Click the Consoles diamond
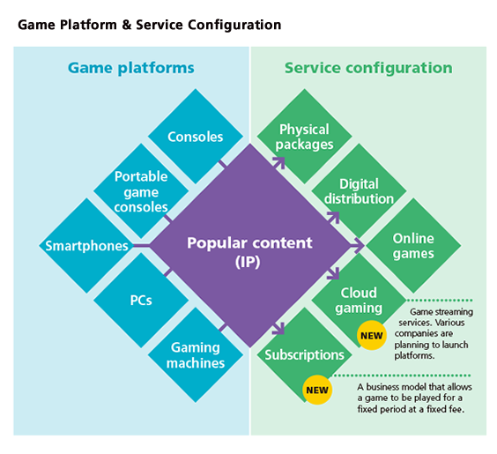(x=196, y=137)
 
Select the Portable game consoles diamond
(x=141, y=191)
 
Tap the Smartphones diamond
(x=86, y=246)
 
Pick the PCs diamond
(x=141, y=300)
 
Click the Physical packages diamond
(x=305, y=137)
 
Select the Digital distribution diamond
(x=359, y=191)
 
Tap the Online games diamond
(x=413, y=246)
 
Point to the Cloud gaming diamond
(x=359, y=300)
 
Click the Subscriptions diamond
(x=305, y=354)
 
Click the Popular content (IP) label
(x=249, y=251)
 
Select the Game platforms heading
(x=131, y=68)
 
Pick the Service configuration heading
(x=367, y=68)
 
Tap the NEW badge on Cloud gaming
(x=371, y=335)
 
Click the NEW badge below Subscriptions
(x=315, y=388)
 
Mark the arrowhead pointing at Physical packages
(x=280, y=162)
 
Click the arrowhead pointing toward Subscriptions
(x=280, y=331)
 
